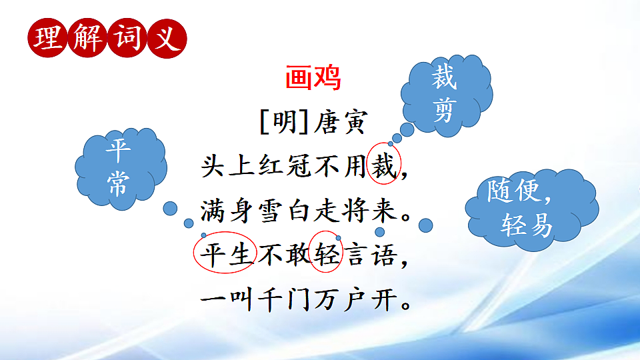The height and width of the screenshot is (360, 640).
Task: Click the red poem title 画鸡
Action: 313,79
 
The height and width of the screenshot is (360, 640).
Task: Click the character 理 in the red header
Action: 48,38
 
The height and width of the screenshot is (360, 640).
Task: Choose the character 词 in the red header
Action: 127,38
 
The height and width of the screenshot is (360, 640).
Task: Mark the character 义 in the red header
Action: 166,38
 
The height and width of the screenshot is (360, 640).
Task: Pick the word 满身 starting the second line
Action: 227,211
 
